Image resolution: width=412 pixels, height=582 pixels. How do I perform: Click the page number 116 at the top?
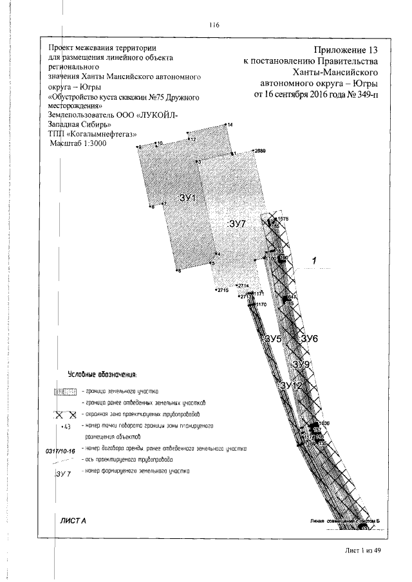point(214,26)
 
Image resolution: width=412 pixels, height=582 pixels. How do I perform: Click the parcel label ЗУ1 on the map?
point(187,198)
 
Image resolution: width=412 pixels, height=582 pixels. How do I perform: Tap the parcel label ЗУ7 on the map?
point(238,224)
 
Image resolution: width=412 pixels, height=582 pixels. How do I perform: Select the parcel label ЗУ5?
point(273,338)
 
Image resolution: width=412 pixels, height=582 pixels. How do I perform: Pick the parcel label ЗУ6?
point(310,339)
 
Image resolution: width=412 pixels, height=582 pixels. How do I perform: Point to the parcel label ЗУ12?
point(292,385)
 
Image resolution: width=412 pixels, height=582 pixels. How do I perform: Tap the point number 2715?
point(223,291)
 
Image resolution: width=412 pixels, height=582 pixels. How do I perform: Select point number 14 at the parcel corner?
point(230,124)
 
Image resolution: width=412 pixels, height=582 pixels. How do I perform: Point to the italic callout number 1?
point(315,260)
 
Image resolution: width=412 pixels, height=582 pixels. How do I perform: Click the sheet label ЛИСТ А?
point(73,519)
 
